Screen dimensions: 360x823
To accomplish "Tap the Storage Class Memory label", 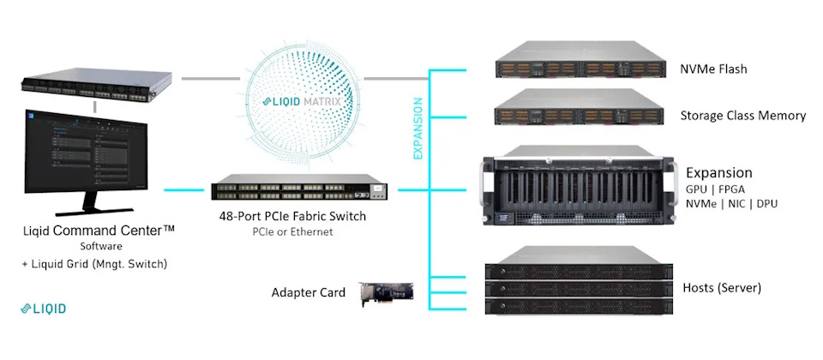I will pos(742,115).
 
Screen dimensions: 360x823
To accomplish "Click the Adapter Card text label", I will pos(307,293).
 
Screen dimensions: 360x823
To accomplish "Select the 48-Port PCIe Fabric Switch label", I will pos(292,217).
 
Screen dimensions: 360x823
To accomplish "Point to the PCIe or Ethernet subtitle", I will pos(292,232).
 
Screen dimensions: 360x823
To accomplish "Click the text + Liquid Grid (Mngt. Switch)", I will pos(95,264).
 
